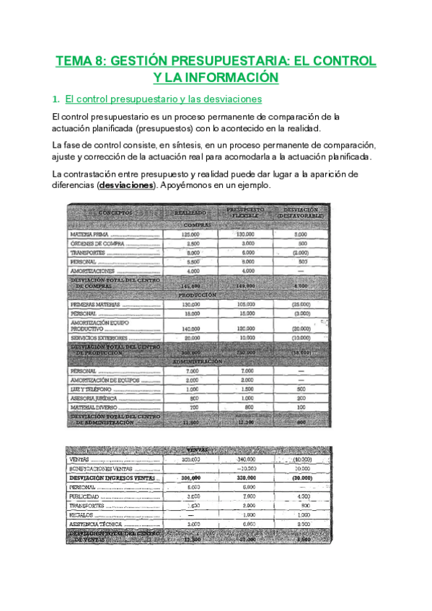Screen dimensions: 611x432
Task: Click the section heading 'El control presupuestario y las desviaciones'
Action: (163, 99)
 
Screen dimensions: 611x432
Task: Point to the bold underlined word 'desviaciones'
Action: (126, 185)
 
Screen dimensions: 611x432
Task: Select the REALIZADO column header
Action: (191, 213)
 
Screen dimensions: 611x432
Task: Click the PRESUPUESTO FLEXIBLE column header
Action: (245, 212)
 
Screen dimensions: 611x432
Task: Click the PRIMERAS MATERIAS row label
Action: (96, 305)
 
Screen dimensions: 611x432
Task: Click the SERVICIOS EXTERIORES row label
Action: (99, 338)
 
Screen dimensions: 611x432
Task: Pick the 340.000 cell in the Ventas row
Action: (247, 460)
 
